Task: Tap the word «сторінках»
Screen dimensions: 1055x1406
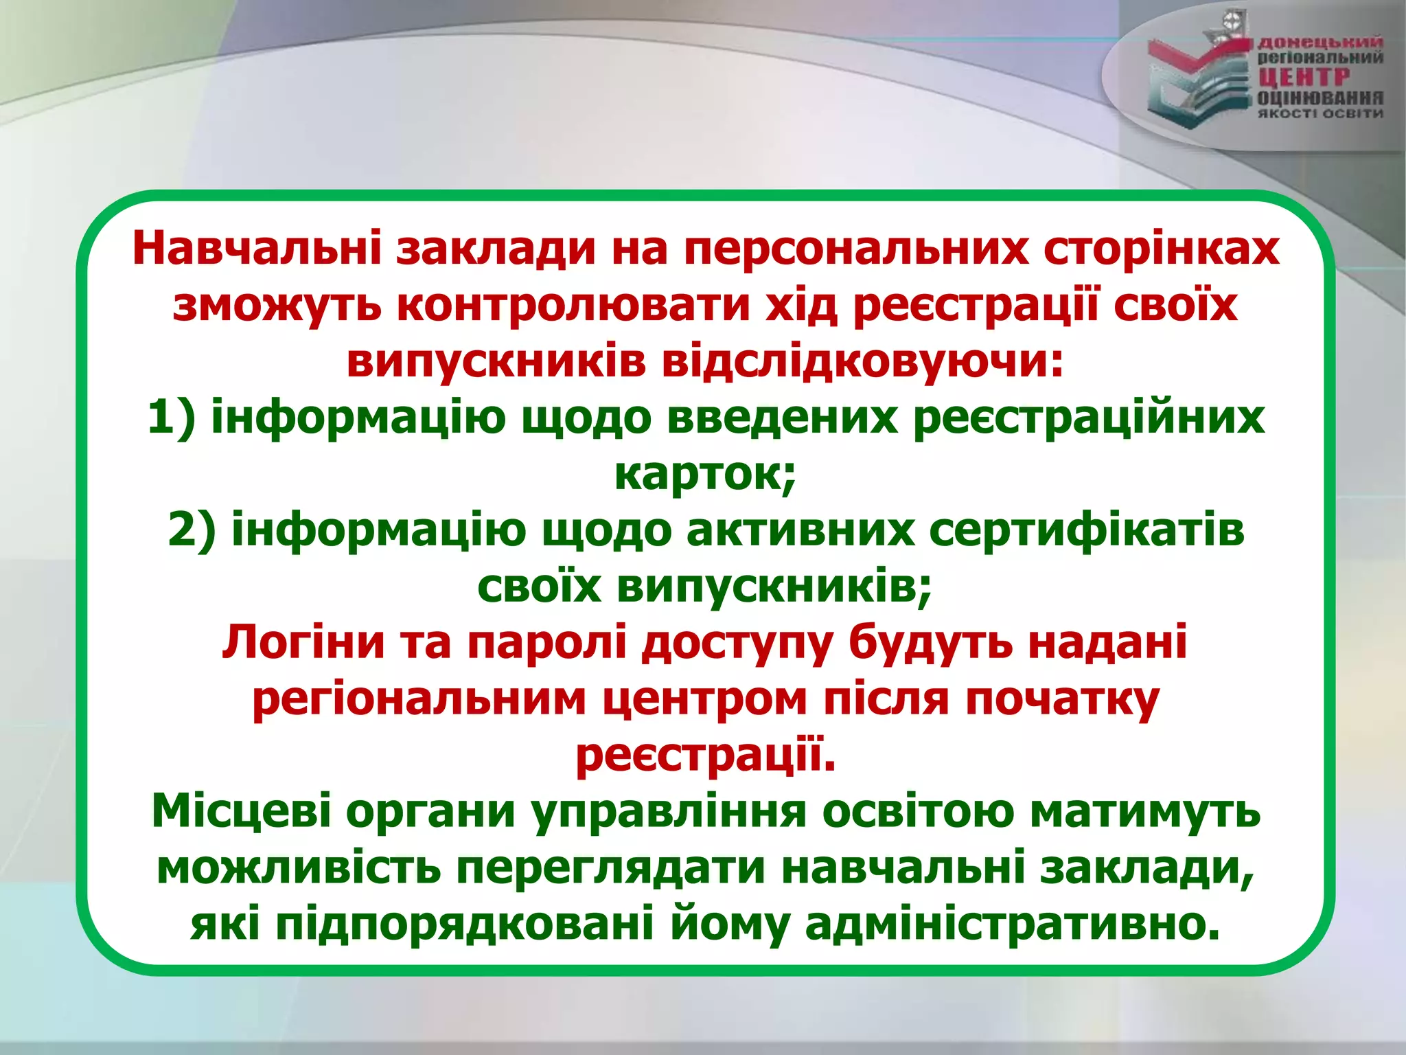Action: pos(1162,249)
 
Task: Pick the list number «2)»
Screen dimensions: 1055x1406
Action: pos(192,530)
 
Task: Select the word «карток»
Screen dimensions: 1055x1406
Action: pos(703,474)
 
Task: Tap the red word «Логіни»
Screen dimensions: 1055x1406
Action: pos(303,643)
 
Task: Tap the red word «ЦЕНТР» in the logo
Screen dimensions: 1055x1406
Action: pos(1303,78)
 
